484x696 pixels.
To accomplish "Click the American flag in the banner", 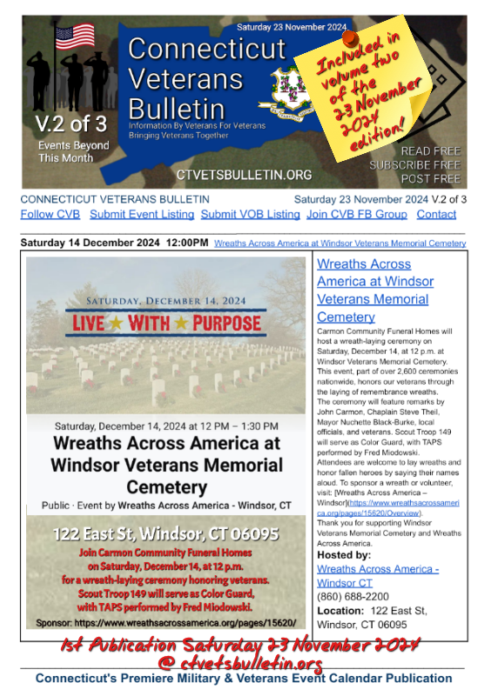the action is (x=75, y=37).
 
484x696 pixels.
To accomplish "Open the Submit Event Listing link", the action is (x=143, y=214).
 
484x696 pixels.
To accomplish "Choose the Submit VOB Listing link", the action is (x=250, y=214).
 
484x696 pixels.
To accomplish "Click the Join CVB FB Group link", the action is (x=356, y=214).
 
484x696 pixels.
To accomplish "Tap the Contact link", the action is (x=436, y=214).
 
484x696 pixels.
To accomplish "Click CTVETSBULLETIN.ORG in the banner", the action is (x=244, y=175).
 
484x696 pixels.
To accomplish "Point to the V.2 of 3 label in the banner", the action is (x=67, y=124).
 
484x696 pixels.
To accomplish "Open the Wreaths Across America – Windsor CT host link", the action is (x=377, y=575).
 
